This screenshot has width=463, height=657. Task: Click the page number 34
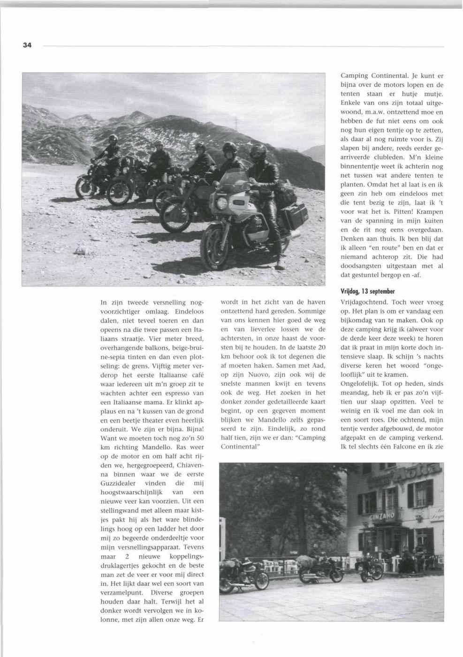(26, 45)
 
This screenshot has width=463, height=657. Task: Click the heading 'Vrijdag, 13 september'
(368, 291)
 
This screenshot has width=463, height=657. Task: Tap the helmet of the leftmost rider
(113, 139)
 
